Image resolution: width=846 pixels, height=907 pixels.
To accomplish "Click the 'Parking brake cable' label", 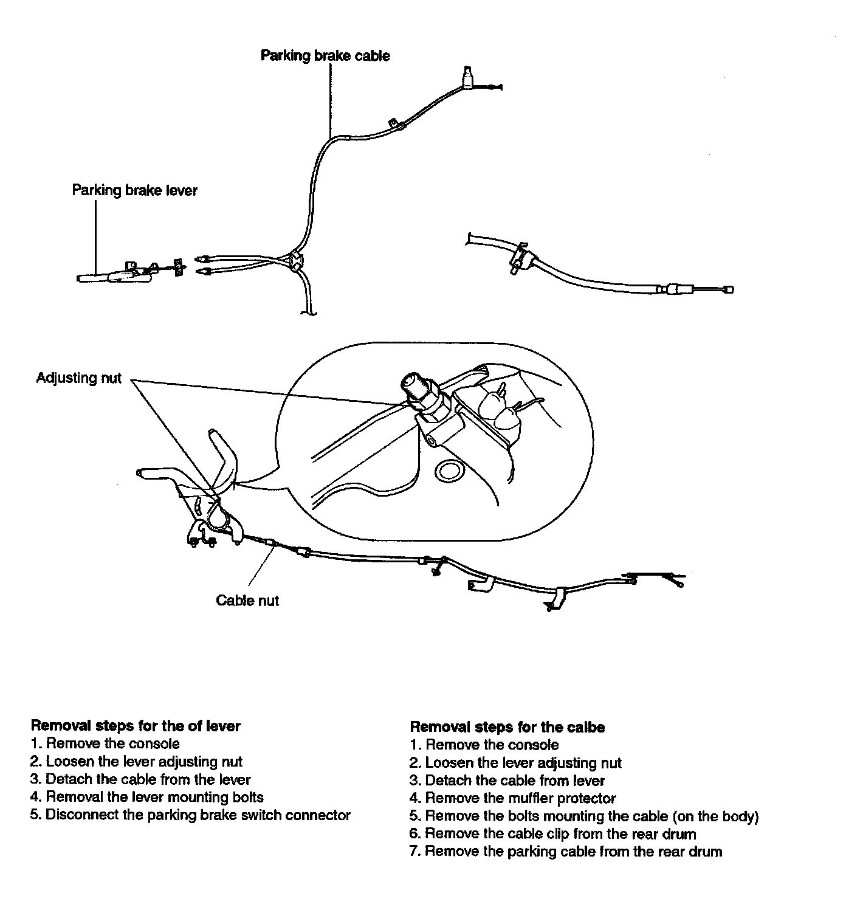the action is [325, 56].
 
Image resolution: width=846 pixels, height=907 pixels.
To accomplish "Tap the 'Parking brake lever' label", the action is [134, 190].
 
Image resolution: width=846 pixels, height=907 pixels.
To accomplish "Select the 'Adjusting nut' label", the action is [78, 378].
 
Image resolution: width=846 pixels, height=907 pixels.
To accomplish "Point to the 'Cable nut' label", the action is [247, 599].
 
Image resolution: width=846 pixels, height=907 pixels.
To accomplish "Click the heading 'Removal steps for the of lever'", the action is [136, 726].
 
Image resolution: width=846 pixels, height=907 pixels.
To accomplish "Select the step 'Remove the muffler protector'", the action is [512, 798].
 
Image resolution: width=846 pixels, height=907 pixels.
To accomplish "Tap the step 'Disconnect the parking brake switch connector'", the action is [190, 815].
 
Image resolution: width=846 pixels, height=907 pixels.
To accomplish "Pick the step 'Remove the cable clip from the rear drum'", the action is [552, 833].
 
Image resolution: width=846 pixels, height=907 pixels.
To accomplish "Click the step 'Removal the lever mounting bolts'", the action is [147, 797].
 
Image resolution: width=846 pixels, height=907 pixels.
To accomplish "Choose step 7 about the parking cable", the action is [566, 851].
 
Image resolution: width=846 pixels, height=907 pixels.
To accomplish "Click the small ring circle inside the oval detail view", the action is [449, 471].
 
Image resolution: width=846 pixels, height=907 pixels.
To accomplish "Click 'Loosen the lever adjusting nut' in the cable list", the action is [516, 763].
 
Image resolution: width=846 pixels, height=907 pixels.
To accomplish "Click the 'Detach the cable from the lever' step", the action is [140, 779].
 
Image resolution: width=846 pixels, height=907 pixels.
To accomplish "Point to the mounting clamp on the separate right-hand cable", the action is [520, 258].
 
